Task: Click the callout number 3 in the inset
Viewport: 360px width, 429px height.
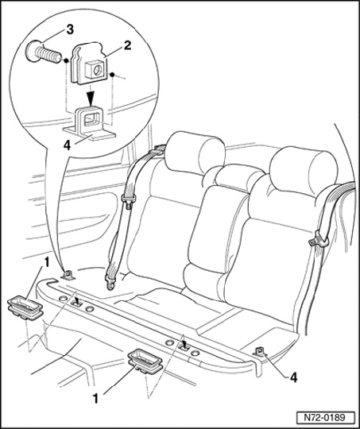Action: pyautogui.click(x=70, y=30)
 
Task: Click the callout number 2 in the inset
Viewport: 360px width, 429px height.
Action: pyautogui.click(x=128, y=45)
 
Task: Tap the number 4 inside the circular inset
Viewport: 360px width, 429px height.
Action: pyautogui.click(x=67, y=145)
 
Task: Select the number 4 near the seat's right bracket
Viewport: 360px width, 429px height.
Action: pyautogui.click(x=293, y=378)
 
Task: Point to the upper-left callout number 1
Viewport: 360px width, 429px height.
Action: pyautogui.click(x=47, y=262)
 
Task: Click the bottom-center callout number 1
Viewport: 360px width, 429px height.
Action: pyautogui.click(x=95, y=399)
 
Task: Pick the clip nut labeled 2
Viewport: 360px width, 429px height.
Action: pyautogui.click(x=89, y=64)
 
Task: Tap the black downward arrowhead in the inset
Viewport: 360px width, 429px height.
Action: pyautogui.click(x=91, y=99)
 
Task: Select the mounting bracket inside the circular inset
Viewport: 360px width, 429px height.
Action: pyautogui.click(x=90, y=123)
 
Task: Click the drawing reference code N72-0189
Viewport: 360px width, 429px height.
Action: pyautogui.click(x=325, y=418)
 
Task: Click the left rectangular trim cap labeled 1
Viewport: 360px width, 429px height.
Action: pyautogui.click(x=25, y=307)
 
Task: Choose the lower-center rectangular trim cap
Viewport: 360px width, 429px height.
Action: pyautogui.click(x=145, y=361)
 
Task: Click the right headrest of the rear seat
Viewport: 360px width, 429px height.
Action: pyautogui.click(x=304, y=171)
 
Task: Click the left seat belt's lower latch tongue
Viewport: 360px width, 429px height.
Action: pyautogui.click(x=111, y=282)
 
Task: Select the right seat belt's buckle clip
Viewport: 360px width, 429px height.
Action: pyautogui.click(x=319, y=240)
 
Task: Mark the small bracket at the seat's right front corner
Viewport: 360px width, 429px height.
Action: pyautogui.click(x=260, y=351)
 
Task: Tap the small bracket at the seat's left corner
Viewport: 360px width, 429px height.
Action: pyautogui.click(x=68, y=275)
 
